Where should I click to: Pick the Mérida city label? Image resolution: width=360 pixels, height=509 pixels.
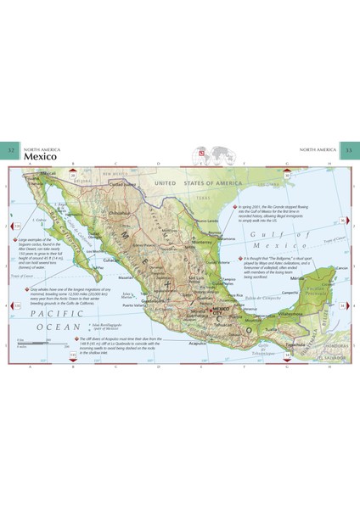click(296, 278)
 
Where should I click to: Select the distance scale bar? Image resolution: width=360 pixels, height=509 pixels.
click(34, 342)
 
